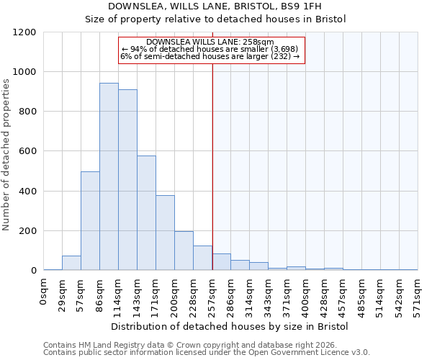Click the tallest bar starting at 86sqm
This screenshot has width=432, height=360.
point(109,176)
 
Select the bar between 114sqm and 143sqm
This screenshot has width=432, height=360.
point(127,180)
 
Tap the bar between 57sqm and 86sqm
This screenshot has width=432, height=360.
point(90,221)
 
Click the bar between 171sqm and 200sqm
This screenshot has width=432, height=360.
point(165,233)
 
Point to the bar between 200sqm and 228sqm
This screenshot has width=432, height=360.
point(184,251)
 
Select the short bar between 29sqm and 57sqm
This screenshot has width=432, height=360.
point(71,263)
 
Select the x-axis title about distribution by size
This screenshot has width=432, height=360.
point(230,327)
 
